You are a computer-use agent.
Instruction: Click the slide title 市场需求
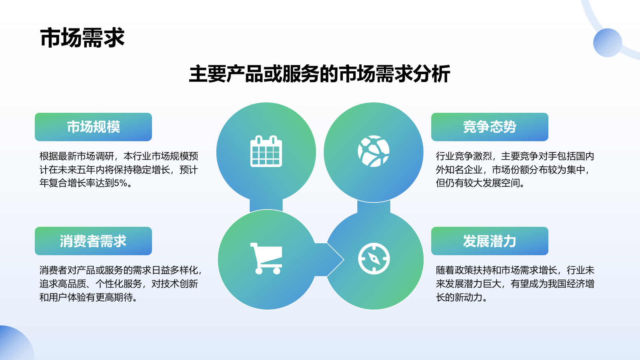pos(82,38)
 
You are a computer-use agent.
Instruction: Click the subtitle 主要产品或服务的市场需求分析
pos(319,74)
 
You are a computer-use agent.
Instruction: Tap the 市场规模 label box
pos(93,127)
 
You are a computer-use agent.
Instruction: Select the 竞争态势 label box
pos(489,127)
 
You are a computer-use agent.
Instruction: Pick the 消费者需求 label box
pos(93,241)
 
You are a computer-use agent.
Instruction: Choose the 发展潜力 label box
pos(489,241)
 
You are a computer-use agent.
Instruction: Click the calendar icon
pos(266,151)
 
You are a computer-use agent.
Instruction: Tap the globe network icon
pos(373,151)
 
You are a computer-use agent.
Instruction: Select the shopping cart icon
pos(266,258)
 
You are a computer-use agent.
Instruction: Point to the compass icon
pos(374,258)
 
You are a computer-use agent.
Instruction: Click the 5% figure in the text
pos(120,183)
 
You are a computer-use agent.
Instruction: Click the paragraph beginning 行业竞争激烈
pos(514,170)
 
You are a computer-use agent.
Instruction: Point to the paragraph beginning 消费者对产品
pos(120,284)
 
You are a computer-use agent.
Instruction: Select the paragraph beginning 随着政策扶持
pos(514,284)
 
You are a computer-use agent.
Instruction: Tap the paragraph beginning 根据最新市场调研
pos(118,170)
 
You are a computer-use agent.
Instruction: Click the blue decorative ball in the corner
pos(607,43)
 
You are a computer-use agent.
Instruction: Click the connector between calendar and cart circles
pos(266,205)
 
